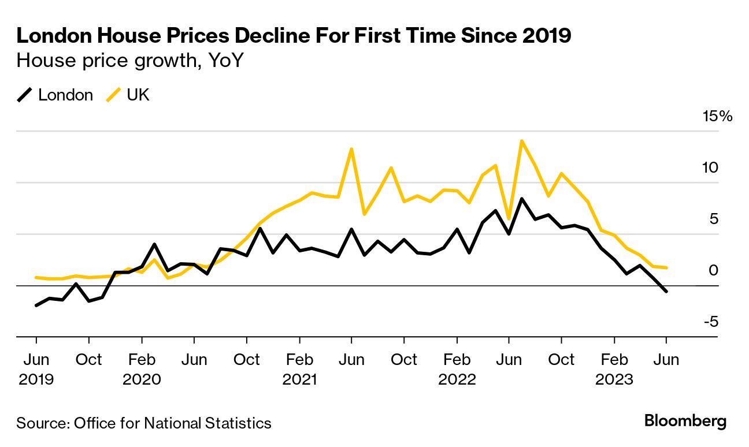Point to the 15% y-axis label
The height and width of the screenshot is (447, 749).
point(717,117)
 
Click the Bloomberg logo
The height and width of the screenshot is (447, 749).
point(685,422)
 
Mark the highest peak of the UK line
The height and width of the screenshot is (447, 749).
point(522,140)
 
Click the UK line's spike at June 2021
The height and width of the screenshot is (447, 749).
point(351,149)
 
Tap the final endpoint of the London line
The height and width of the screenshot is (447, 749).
point(666,292)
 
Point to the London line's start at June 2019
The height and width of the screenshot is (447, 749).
point(36,306)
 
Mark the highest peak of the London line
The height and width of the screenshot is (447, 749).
point(522,199)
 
